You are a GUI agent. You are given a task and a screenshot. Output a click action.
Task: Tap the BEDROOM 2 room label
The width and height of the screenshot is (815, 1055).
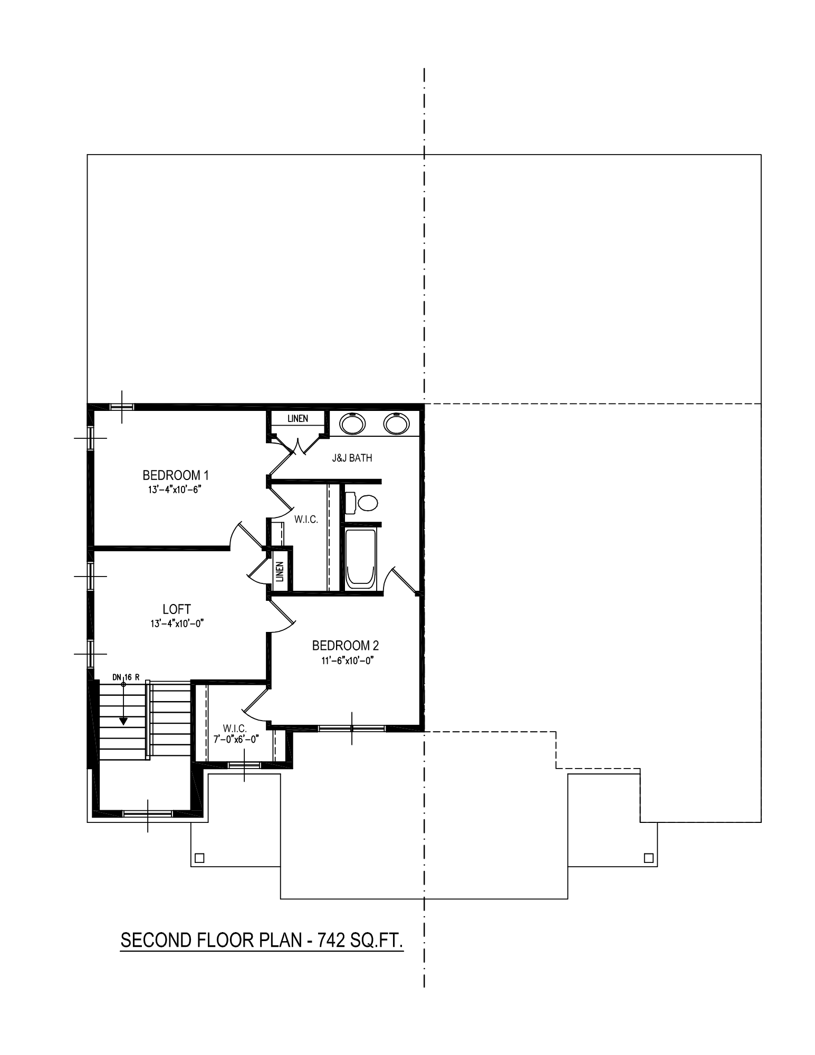(346, 645)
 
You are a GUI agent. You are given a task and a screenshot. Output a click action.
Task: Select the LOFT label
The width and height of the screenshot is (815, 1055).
(177, 609)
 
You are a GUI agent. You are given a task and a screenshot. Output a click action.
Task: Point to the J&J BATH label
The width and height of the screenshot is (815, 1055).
(352, 458)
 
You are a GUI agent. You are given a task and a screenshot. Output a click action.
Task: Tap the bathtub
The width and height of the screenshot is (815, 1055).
(361, 559)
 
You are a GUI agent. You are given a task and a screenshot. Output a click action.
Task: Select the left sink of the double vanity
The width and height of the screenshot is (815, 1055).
(352, 423)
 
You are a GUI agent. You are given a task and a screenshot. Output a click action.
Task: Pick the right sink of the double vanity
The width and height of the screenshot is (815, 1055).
(397, 423)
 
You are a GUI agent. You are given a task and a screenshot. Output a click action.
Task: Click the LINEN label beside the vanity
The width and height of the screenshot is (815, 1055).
(298, 419)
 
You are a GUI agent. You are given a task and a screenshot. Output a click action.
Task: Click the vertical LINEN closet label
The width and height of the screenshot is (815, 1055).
(280, 571)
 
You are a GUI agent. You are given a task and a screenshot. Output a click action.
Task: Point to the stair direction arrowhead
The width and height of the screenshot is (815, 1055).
(123, 721)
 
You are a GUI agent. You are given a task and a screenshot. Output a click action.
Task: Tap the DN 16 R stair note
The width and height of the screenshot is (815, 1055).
(126, 677)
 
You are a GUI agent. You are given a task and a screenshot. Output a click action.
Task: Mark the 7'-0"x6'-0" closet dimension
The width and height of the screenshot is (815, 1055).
(236, 739)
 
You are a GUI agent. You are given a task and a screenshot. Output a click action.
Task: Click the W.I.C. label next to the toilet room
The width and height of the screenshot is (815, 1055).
(306, 520)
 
